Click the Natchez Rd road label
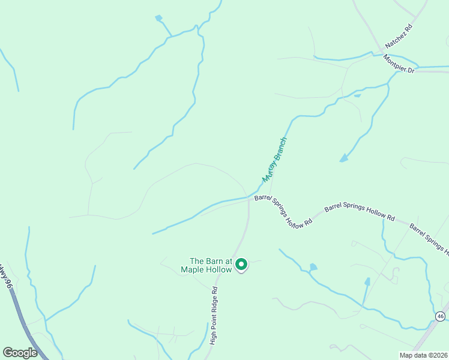tap(400, 37)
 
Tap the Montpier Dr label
tap(399, 64)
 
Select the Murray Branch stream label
tap(276, 161)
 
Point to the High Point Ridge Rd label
tap(214, 314)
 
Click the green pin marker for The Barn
tap(241, 264)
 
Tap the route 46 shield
tap(440, 316)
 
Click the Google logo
tap(20, 353)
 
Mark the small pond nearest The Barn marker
tap(313, 266)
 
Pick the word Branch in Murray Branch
tap(282, 152)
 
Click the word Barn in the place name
tap(215, 261)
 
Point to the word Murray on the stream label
tap(268, 173)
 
